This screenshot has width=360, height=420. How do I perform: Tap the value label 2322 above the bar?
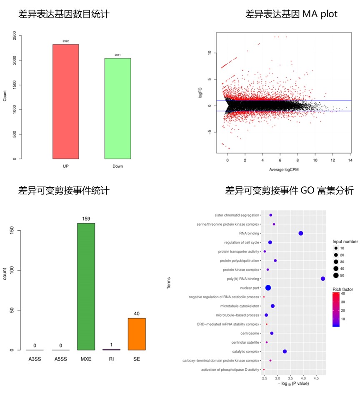[x=65, y=41]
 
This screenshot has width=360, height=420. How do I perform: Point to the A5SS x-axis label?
[x=60, y=359]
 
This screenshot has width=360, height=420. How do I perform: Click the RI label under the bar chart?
[x=111, y=359]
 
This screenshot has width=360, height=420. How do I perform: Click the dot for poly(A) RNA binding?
[x=323, y=279]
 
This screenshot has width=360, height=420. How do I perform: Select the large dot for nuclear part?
[x=268, y=288]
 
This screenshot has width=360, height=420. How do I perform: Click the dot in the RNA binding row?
[x=301, y=233]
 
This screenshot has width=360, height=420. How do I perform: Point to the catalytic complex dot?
[x=285, y=352]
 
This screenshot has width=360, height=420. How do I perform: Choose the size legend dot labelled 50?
[x=336, y=275]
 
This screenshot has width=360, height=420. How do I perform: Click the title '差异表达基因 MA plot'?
[x=291, y=14]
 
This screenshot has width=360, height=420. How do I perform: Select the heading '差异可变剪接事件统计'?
[x=64, y=191]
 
